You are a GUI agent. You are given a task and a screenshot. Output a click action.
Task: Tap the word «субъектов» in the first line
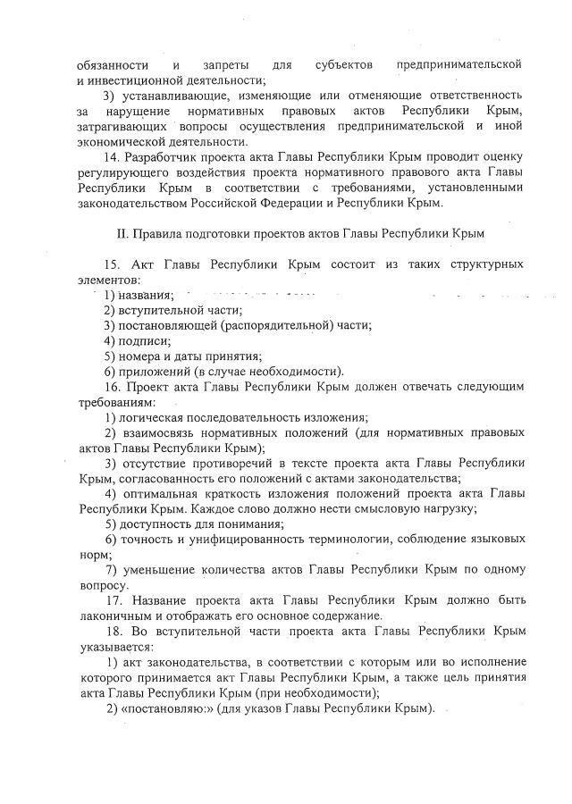coord(343,65)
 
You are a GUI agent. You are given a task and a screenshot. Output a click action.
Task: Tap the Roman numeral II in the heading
coord(125,234)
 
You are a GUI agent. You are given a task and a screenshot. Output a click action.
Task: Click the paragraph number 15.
coord(113,265)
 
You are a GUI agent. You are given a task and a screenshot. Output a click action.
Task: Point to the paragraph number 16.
coord(113,387)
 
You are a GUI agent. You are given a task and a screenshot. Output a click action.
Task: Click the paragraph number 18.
coord(113,631)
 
